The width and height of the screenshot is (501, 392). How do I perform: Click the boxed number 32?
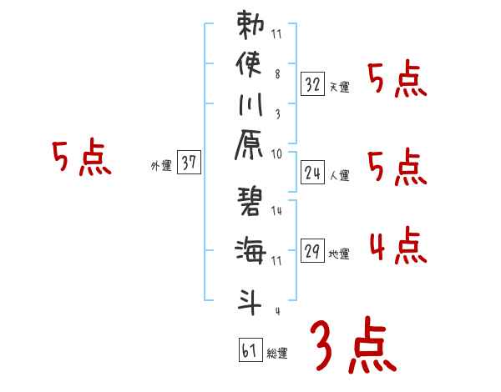tap(312, 83)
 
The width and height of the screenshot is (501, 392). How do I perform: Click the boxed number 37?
tap(189, 163)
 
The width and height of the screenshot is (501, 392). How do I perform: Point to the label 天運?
tap(340, 86)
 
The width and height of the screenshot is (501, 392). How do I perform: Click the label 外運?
tap(161, 165)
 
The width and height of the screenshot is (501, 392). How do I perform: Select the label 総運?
tap(277, 353)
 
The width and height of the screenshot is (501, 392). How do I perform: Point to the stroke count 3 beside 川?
tap(277, 111)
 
